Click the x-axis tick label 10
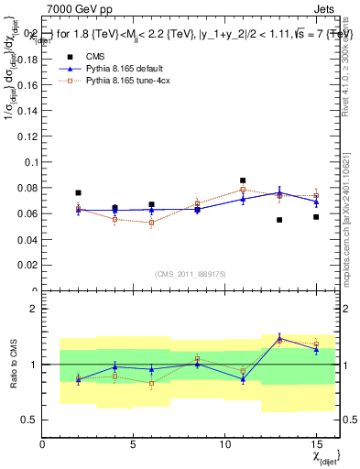click(225, 443)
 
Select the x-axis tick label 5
click(134, 443)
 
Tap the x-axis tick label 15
click(316, 443)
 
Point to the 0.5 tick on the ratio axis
click(31, 420)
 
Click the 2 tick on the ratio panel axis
click(35, 309)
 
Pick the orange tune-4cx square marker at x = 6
click(151, 223)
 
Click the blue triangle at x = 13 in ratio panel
click(279, 338)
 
